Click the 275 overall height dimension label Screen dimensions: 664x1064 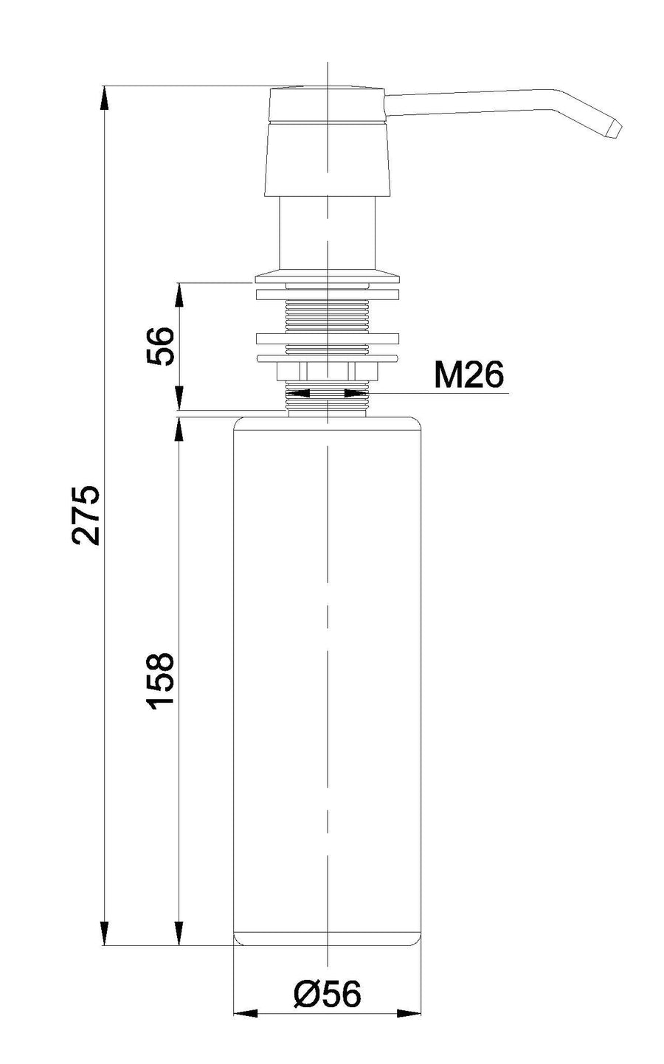coord(86,515)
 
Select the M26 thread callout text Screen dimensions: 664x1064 coord(468,375)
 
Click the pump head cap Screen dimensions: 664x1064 coord(328,142)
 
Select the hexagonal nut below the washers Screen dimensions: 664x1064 coord(328,372)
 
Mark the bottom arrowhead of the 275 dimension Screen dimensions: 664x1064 coord(105,933)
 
